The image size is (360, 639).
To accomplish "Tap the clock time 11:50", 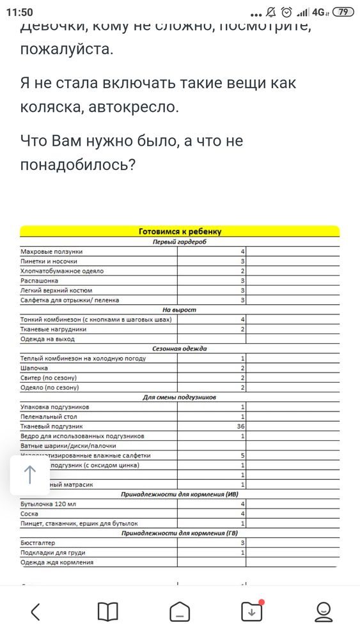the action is (19, 12).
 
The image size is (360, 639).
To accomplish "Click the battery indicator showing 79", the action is (344, 12).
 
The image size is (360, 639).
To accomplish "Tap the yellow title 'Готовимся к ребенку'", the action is (180, 231).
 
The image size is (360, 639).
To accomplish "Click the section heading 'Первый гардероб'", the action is (180, 242).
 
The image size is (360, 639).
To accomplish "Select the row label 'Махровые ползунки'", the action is (52, 252).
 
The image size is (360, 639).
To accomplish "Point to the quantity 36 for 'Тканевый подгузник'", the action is (241, 426).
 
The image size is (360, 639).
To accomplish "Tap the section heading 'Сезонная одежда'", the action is (180, 348).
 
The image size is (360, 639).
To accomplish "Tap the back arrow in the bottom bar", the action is (36, 612).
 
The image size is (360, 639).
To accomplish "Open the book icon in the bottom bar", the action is (107, 612).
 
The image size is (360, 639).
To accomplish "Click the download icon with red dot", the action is (251, 612).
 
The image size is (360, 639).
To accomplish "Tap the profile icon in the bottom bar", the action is (324, 612).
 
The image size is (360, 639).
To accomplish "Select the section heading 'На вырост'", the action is (180, 309).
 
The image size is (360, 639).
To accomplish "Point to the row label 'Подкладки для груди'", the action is (53, 552).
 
